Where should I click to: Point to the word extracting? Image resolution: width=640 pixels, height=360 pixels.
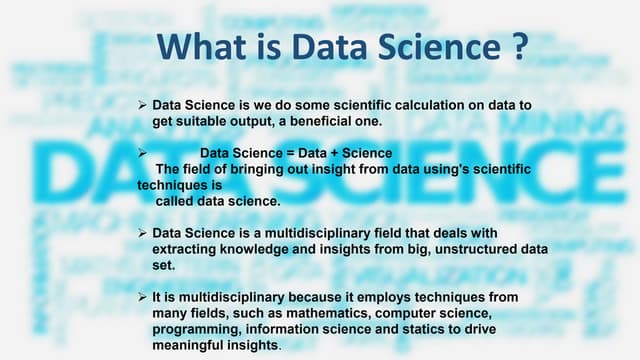point(181,249)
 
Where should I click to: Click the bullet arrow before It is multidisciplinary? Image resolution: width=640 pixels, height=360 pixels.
point(142,298)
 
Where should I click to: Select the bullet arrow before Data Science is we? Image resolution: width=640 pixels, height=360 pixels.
point(142,104)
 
